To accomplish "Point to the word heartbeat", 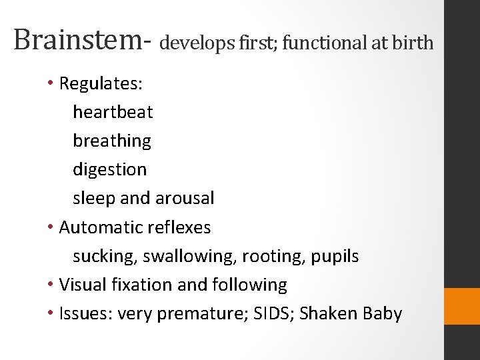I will pyautogui.click(x=113, y=112).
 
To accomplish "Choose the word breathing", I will pyautogui.click(x=112, y=141).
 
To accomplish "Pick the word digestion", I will pyautogui.click(x=109, y=170).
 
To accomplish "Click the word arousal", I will pyautogui.click(x=185, y=199).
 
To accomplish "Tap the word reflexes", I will pyautogui.click(x=179, y=227).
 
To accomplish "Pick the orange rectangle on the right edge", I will pyautogui.click(x=462, y=307).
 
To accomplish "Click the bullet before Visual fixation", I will pyautogui.click(x=51, y=285).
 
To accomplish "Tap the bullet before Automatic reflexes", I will pyautogui.click(x=51, y=227).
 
